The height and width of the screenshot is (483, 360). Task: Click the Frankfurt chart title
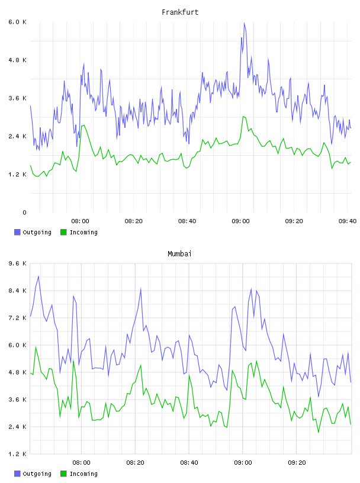180,12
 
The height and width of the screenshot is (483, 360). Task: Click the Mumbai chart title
179,254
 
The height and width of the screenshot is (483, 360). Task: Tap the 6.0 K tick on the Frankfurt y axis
17,22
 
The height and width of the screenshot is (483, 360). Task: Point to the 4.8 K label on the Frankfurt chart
17,60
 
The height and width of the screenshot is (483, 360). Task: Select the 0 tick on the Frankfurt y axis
24,212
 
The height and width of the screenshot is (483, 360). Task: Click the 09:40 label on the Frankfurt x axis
348,221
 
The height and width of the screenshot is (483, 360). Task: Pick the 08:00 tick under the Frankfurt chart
80,221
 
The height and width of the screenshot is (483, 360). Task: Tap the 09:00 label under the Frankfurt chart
240,221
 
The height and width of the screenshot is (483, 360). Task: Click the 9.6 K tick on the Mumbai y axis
17,263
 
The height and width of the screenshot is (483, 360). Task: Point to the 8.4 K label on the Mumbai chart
17,291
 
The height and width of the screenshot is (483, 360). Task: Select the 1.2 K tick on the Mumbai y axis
17,454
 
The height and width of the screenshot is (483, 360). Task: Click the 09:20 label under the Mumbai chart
297,463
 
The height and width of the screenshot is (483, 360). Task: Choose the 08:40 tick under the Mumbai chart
189,463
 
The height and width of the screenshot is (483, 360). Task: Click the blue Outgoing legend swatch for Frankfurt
17,232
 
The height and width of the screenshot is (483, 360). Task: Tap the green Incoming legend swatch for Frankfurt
63,232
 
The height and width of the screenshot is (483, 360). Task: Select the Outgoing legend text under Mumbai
37,474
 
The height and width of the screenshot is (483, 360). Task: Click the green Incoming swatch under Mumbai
63,474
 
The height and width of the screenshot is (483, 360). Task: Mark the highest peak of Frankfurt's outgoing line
244,23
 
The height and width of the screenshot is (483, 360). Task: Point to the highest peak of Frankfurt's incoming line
243,117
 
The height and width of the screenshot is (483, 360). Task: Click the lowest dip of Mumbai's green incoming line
319,433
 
